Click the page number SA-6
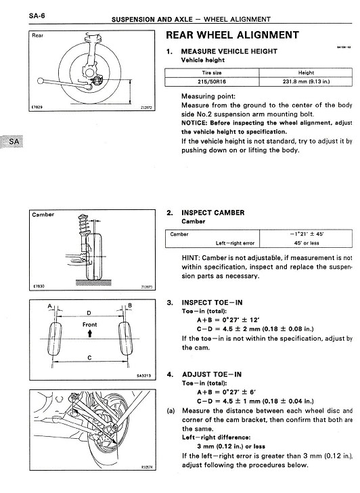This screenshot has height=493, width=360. click(x=37, y=16)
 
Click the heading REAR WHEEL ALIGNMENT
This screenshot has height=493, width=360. click(x=232, y=35)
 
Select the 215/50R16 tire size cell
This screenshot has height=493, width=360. click(x=212, y=82)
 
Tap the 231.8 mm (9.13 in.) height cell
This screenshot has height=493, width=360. click(x=306, y=82)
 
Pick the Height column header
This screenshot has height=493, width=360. click(x=306, y=72)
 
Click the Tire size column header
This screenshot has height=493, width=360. click(x=212, y=72)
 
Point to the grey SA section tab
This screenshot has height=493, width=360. click(x=12, y=142)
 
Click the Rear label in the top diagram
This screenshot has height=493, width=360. click(x=37, y=35)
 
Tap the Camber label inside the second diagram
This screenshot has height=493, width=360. click(x=43, y=215)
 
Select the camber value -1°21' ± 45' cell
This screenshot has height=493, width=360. click(x=306, y=234)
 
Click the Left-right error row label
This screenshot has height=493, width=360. click(x=235, y=243)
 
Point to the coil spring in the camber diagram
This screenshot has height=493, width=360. click(x=83, y=224)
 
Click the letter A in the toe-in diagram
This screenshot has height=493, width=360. click(x=49, y=305)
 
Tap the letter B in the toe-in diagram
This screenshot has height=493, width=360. click(x=130, y=305)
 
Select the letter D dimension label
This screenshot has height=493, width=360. click(x=89, y=313)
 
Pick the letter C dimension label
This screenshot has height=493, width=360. click(x=89, y=358)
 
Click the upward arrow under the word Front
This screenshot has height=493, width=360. click(x=90, y=333)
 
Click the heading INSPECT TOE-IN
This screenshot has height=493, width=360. click(x=212, y=303)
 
